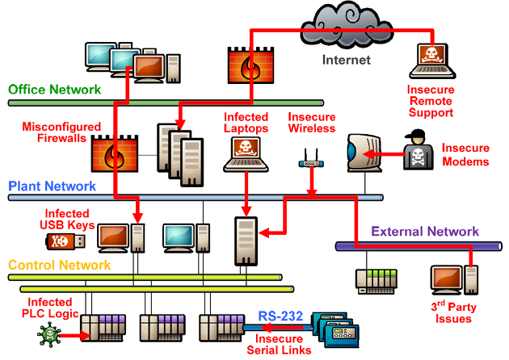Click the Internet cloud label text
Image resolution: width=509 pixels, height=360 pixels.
coord(346,60)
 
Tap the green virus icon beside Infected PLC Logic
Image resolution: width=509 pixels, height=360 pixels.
coord(49,334)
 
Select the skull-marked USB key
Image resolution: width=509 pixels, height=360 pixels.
coord(65,241)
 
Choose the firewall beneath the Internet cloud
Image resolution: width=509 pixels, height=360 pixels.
coord(250,65)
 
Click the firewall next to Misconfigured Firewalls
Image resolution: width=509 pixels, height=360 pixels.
coord(115,153)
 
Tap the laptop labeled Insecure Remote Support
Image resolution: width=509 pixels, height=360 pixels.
coord(432,61)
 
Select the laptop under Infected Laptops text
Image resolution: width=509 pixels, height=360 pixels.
coord(246,154)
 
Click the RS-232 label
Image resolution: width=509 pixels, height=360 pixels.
coord(280,316)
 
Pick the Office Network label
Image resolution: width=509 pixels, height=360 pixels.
coord(55,90)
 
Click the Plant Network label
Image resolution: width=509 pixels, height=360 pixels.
coord(52,186)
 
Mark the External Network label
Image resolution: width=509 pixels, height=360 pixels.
coord(425,231)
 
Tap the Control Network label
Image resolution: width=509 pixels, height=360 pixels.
coord(60,265)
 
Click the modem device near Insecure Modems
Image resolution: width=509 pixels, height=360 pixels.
coord(364,153)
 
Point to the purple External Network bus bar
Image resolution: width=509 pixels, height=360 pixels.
coord(419,246)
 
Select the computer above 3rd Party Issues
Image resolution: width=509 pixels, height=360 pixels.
coord(454,280)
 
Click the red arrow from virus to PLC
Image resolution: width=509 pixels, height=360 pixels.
coord(75,335)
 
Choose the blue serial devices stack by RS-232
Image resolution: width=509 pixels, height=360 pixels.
coord(335,329)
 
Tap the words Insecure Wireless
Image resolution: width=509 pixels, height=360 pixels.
coord(311,123)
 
